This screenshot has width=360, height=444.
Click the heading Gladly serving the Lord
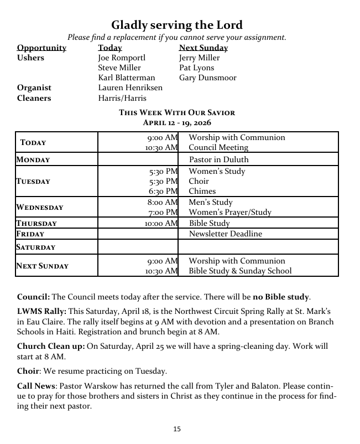177,25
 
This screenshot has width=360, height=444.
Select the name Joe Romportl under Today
121,58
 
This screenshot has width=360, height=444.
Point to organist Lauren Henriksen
130,87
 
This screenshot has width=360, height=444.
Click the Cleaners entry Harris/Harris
122,98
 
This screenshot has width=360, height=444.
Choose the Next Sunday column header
203,48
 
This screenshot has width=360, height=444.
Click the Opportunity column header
41,48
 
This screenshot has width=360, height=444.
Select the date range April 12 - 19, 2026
177,122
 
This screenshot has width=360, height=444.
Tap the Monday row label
33,159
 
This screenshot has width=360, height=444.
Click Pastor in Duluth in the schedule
218,159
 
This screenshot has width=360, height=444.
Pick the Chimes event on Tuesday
202,191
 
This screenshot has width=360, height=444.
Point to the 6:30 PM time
163,191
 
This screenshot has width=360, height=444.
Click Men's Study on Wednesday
211,202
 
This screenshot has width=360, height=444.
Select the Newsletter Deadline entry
226,234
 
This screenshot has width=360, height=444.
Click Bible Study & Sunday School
240,271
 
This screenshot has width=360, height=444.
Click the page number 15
177,429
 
